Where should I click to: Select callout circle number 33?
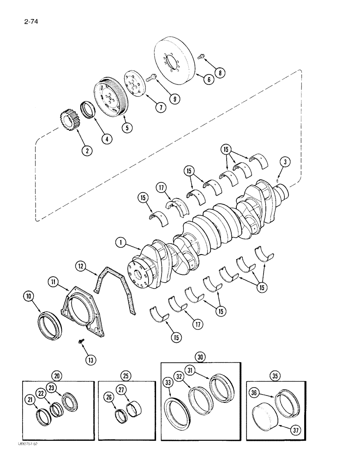[168, 382]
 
